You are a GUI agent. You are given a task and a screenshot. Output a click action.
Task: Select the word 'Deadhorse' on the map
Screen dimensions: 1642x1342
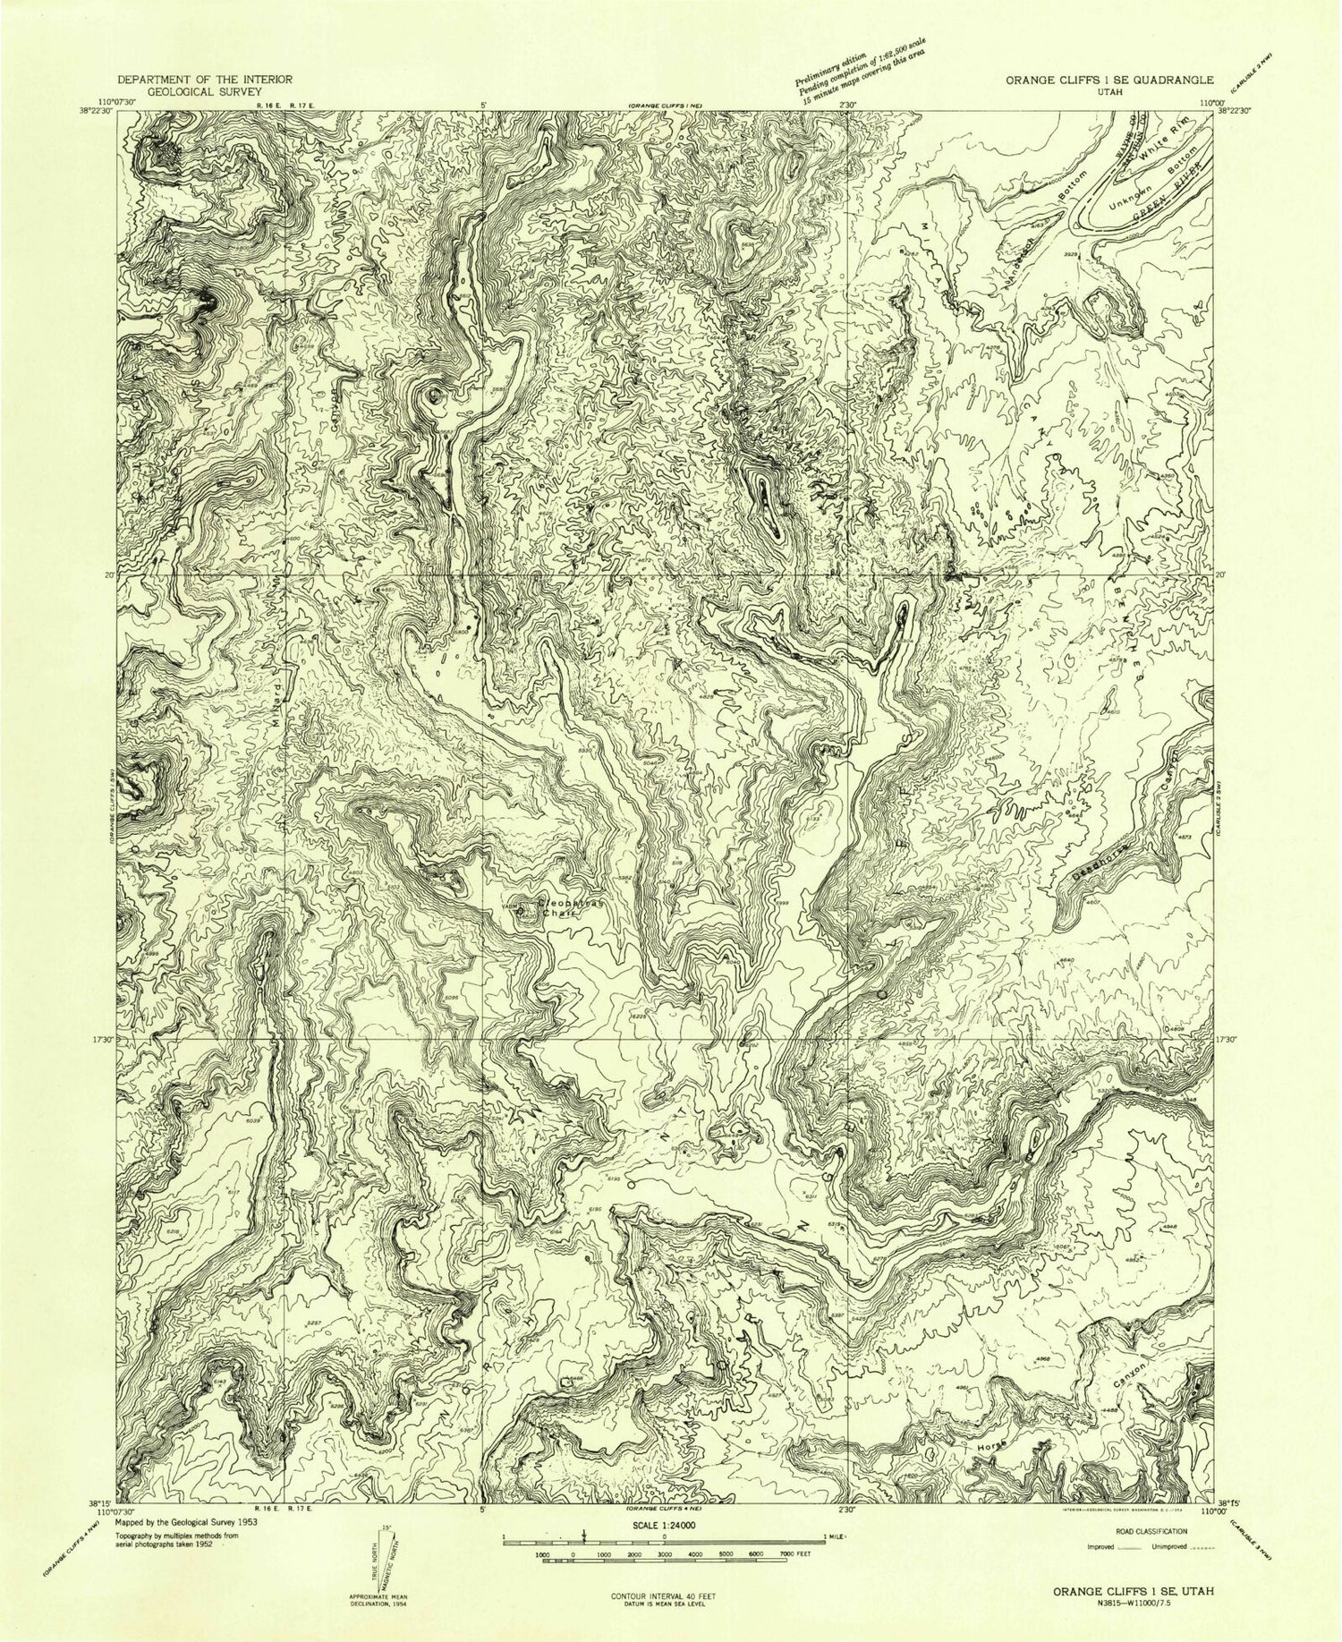1098,860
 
